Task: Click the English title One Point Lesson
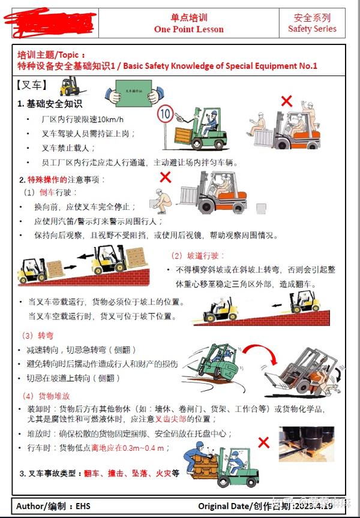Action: (188, 29)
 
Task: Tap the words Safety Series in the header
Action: (312, 29)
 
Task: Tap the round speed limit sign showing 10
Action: (165, 113)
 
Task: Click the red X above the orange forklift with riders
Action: (287, 101)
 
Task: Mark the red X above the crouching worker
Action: (165, 177)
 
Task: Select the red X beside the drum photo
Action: (263, 443)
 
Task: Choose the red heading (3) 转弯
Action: (37, 335)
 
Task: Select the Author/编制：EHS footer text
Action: (53, 506)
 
